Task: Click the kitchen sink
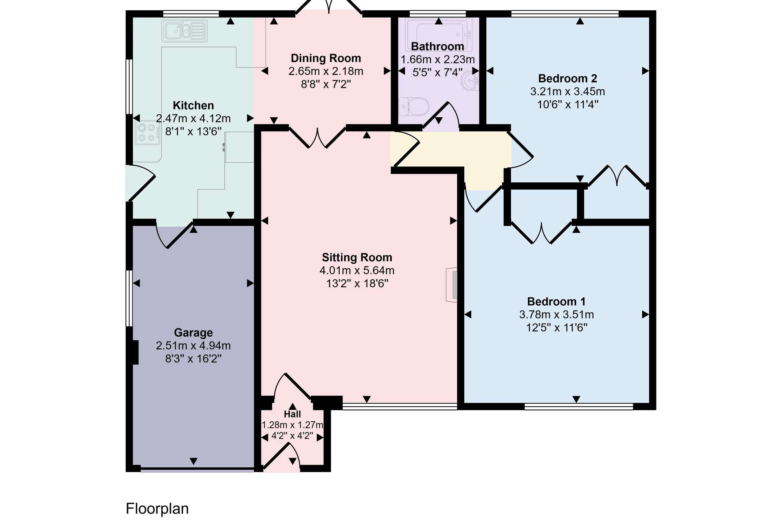click(185, 31)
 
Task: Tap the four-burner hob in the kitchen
click(147, 133)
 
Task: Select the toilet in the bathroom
click(414, 107)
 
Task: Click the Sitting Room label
click(357, 257)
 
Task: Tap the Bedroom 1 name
click(556, 302)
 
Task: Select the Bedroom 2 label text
click(567, 78)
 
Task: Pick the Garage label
click(193, 333)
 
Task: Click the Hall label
click(292, 414)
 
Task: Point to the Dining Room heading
click(326, 58)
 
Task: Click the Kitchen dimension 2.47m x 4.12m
click(193, 118)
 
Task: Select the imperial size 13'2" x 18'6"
click(357, 283)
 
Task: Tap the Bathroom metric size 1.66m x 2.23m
click(438, 59)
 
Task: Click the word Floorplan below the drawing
click(157, 509)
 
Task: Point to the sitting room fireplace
click(452, 285)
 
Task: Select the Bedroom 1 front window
click(579, 406)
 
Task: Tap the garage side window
click(129, 298)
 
